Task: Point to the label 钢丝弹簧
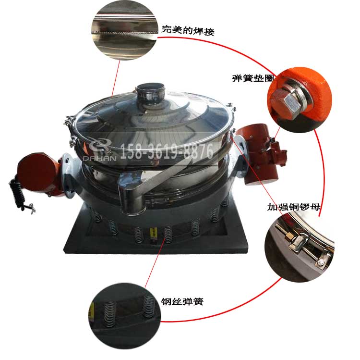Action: [x=182, y=301]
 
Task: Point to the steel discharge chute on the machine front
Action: [x=144, y=190]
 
